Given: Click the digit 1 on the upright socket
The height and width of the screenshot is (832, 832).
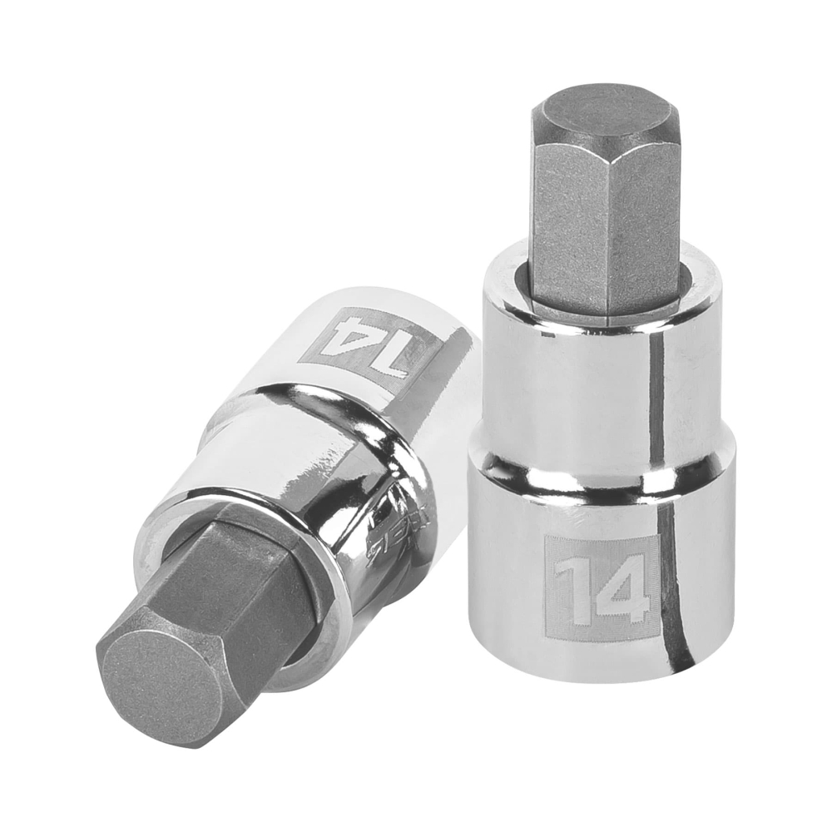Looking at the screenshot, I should point(569,588).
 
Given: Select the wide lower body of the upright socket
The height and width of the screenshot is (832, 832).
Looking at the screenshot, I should point(516,582).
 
